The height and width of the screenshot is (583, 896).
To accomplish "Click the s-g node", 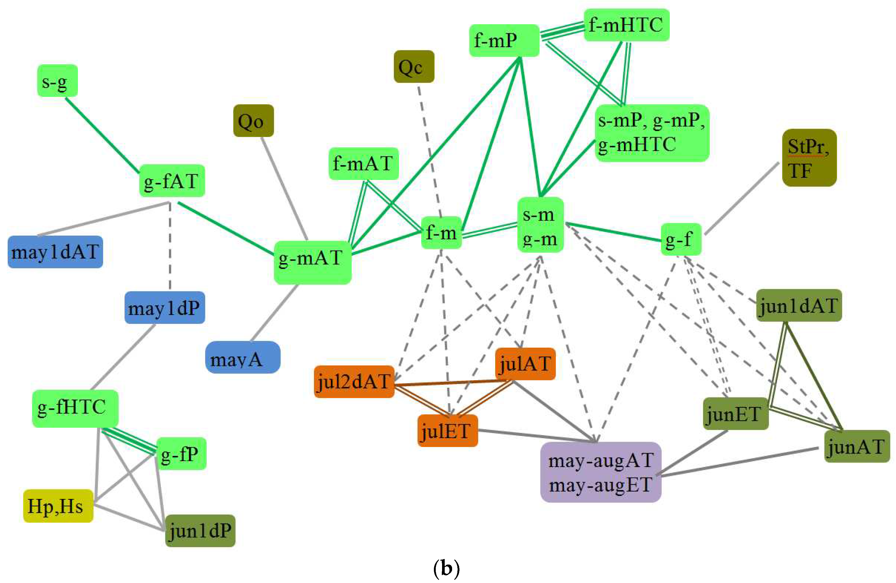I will (x=57, y=81).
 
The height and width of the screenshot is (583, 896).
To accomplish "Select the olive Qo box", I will (x=253, y=121).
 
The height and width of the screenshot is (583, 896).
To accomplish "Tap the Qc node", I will (x=414, y=67).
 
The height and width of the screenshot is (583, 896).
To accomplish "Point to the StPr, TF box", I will (x=809, y=158).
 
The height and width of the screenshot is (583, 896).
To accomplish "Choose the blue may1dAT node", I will (x=55, y=252).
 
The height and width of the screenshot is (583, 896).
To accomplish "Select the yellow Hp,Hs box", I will (x=58, y=506).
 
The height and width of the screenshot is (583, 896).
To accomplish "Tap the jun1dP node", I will (x=200, y=530).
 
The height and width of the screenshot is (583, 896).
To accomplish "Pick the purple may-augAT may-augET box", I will (x=600, y=472).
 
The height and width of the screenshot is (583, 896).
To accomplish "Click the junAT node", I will (x=857, y=446).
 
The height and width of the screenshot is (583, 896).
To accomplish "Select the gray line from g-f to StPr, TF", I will (x=742, y=198).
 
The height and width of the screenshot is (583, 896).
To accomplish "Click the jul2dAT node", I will (x=354, y=382).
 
